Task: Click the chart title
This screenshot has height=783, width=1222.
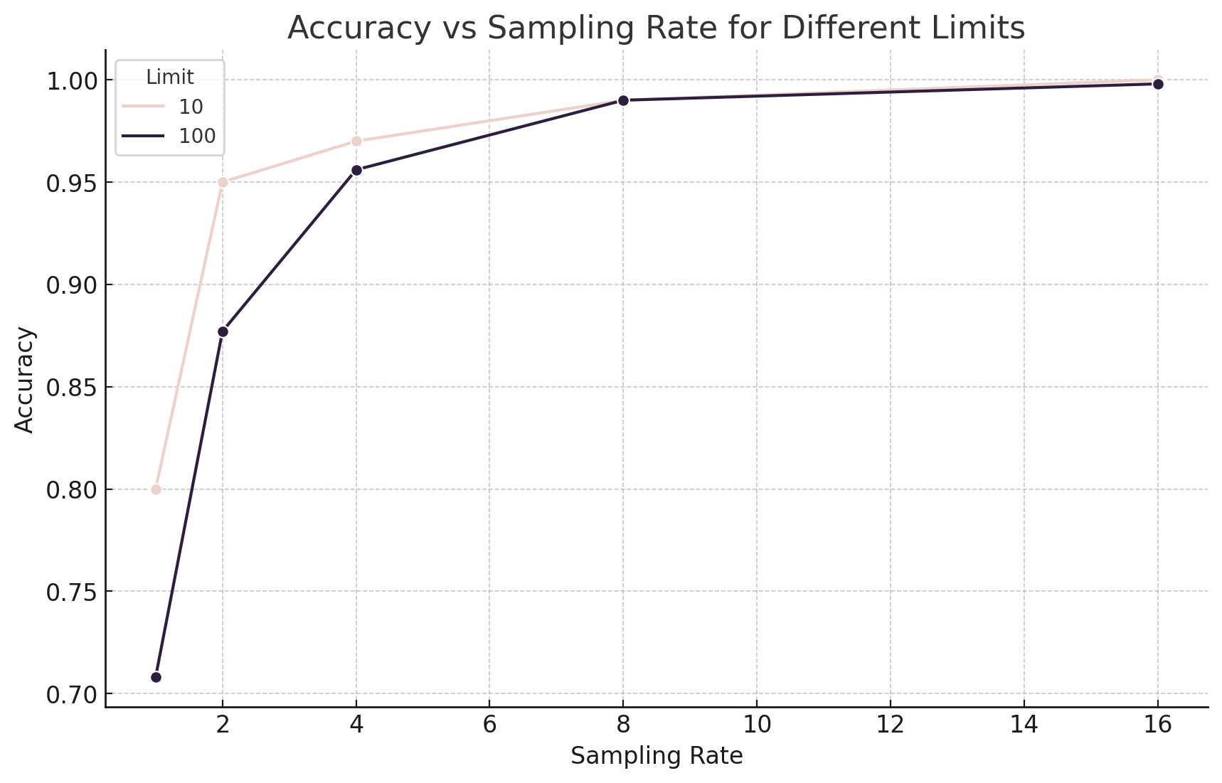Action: click(656, 28)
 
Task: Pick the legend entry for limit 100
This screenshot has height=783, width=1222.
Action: click(169, 136)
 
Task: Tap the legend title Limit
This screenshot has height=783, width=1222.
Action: click(170, 78)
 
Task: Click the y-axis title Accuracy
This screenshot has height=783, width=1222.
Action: click(24, 379)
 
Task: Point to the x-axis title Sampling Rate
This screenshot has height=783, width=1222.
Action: click(657, 756)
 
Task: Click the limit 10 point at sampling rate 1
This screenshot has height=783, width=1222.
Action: click(156, 489)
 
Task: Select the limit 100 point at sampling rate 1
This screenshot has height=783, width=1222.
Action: click(156, 677)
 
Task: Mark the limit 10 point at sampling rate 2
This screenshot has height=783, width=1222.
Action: click(223, 182)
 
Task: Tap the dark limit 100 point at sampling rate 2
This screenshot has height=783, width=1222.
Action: click(223, 331)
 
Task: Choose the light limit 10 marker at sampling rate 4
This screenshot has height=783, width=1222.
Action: click(356, 141)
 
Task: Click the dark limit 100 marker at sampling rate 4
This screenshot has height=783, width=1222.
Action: click(356, 170)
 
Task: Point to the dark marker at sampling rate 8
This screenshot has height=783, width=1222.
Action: click(623, 100)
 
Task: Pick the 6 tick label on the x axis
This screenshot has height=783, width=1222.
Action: click(489, 725)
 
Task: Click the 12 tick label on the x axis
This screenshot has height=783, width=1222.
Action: click(890, 725)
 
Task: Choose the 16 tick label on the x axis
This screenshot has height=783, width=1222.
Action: click(1157, 725)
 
